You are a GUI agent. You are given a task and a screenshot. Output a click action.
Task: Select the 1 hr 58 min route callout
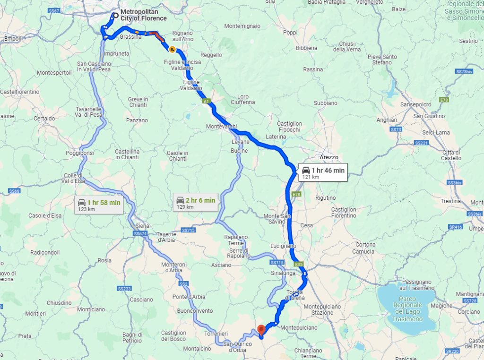pyautogui.click(x=99, y=205)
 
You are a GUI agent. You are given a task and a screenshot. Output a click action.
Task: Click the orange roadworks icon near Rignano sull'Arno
pyautogui.click(x=173, y=49)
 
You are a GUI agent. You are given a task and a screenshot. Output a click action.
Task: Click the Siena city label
pyautogui.click(x=142, y=226)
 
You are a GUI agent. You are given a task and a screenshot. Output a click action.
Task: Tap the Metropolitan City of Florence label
pyautogui.click(x=143, y=15)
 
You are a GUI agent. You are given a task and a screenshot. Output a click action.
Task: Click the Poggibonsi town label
pyautogui.click(x=80, y=153)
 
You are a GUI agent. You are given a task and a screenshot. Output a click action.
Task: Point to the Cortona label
pyautogui.click(x=365, y=245)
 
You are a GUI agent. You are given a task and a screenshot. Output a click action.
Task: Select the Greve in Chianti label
pyautogui.click(x=138, y=102)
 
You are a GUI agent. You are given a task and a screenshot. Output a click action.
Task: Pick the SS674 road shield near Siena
pyautogui.click(x=140, y=233)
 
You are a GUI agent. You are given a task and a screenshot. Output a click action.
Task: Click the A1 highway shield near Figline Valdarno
pyautogui.click(x=207, y=101)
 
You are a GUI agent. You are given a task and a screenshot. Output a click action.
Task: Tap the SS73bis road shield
pyautogui.click(x=464, y=71)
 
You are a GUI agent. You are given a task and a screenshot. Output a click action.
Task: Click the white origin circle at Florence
pyautogui.click(x=115, y=15)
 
